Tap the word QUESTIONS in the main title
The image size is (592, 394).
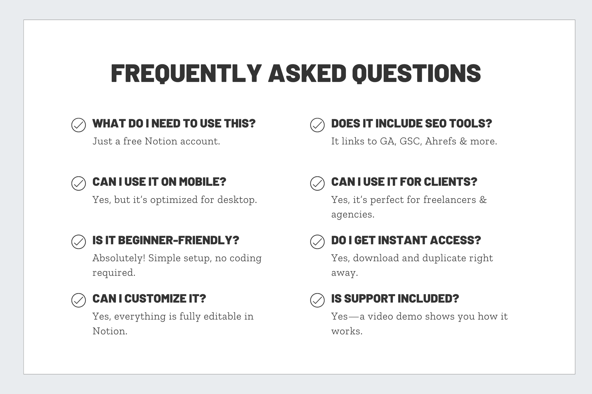click(x=416, y=73)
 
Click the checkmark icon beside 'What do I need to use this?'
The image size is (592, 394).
click(x=79, y=125)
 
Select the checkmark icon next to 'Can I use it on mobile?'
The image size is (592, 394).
click(x=79, y=183)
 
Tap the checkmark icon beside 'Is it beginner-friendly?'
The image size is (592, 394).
click(x=79, y=242)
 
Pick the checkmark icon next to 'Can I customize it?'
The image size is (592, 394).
click(x=79, y=300)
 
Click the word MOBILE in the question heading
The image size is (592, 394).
click(x=202, y=182)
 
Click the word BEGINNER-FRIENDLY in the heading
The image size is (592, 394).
click(x=178, y=240)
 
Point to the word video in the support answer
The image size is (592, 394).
click(x=380, y=316)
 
